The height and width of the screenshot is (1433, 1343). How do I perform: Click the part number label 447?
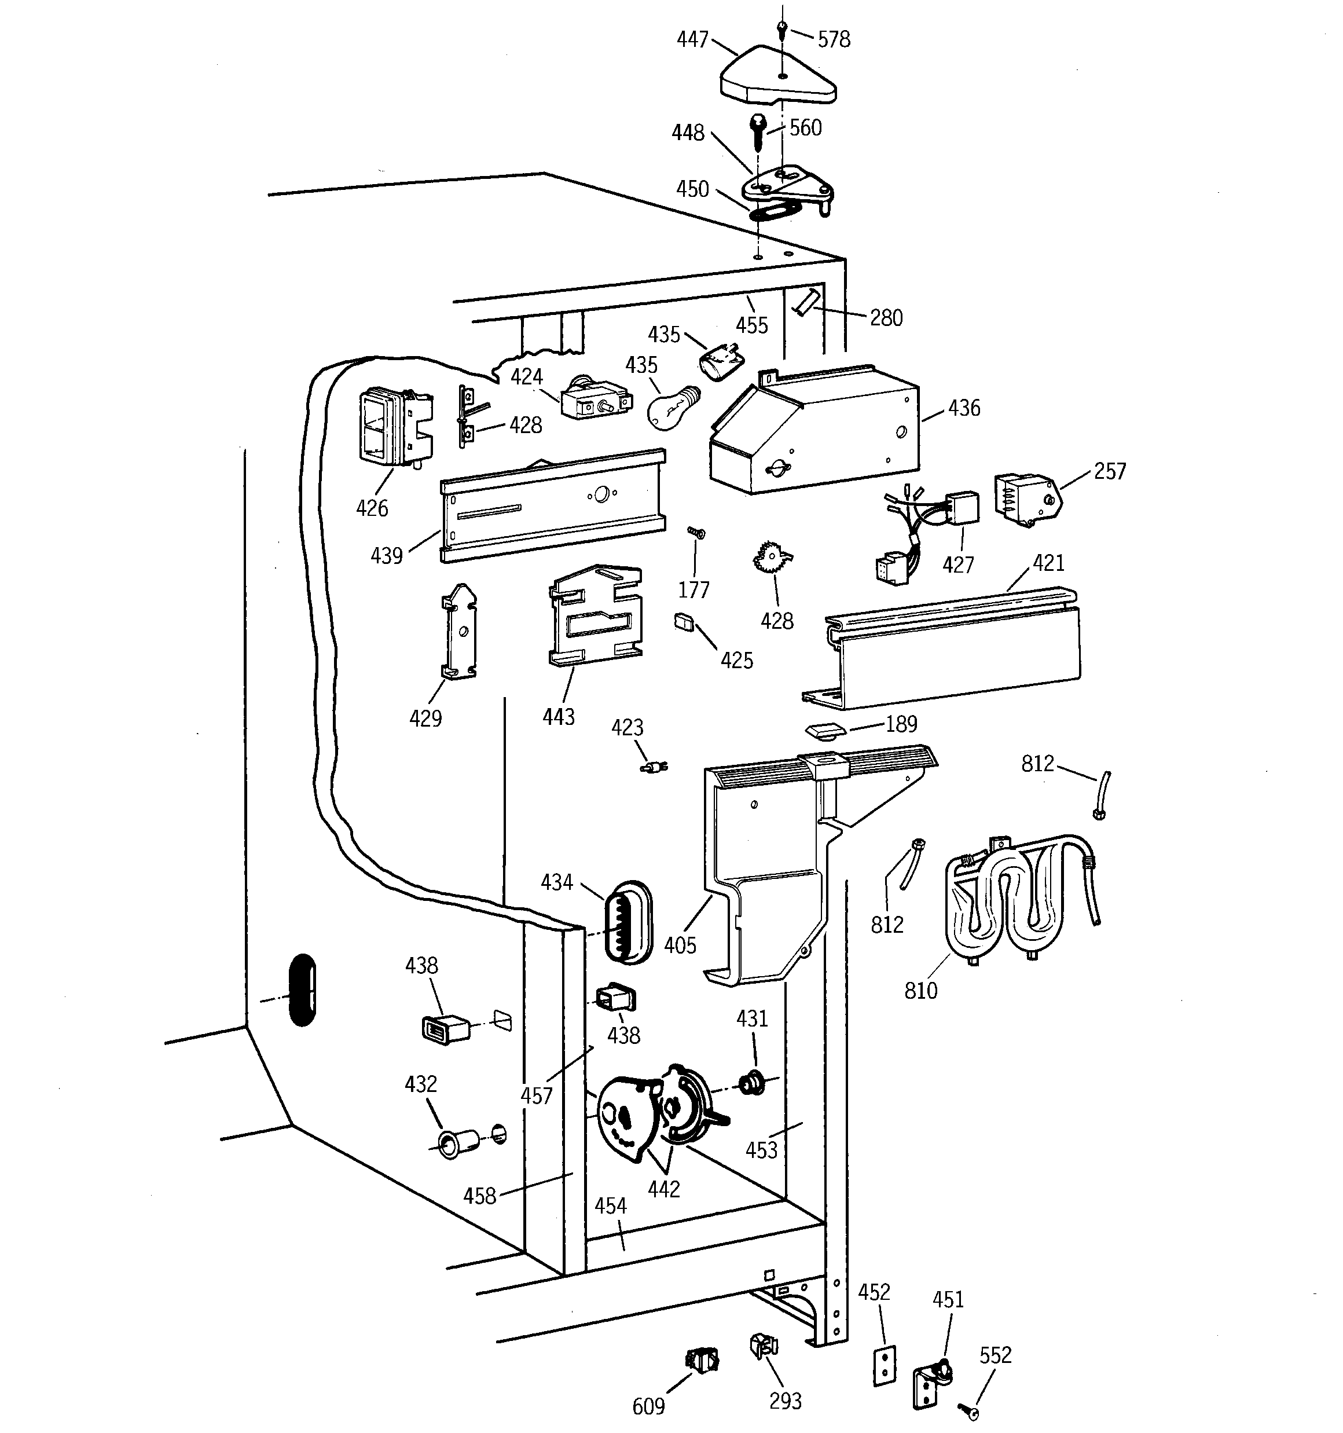[x=692, y=39]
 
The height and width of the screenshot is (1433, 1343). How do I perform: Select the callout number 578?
[x=834, y=39]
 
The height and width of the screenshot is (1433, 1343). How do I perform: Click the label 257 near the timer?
[x=1110, y=471]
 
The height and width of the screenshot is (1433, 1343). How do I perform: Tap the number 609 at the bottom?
[x=648, y=1406]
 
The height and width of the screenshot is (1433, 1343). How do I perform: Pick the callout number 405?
[x=680, y=945]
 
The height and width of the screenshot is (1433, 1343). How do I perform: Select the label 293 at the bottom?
[x=785, y=1401]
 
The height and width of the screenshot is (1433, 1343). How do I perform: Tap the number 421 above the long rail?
[x=1048, y=563]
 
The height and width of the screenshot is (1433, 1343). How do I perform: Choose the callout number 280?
[x=885, y=318]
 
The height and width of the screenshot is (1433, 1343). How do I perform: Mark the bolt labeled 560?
[x=758, y=131]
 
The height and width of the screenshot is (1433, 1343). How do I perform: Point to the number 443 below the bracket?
[x=558, y=717]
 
